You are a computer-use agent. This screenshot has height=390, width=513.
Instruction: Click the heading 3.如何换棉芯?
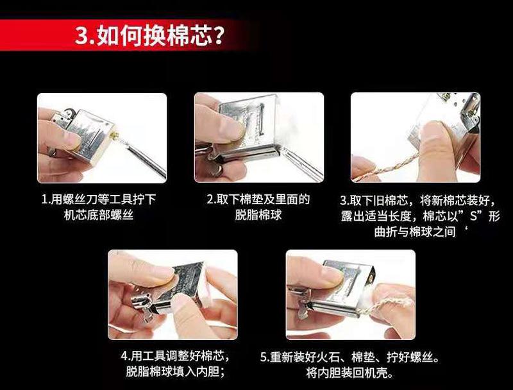[x=149, y=35]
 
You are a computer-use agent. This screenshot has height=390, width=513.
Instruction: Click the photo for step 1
[x=102, y=138]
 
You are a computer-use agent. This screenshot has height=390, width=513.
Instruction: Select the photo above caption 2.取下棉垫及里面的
[x=259, y=137]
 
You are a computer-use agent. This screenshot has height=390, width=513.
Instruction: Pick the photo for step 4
[x=172, y=294]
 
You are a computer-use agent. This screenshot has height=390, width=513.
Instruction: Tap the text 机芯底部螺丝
[x=99, y=216]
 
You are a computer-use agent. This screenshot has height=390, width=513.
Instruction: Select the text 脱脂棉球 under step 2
[x=258, y=216]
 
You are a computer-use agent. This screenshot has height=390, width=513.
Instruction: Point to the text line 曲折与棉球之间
[x=415, y=232]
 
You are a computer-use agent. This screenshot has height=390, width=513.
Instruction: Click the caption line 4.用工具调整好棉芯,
[x=175, y=356]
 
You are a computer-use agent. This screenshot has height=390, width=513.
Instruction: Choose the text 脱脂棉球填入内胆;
[x=175, y=372]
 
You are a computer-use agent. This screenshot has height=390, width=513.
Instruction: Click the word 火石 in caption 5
[x=328, y=357]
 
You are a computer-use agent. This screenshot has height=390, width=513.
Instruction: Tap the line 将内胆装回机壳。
[x=349, y=373]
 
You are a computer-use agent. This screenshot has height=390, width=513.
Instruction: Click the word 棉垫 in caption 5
[x=363, y=357]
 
